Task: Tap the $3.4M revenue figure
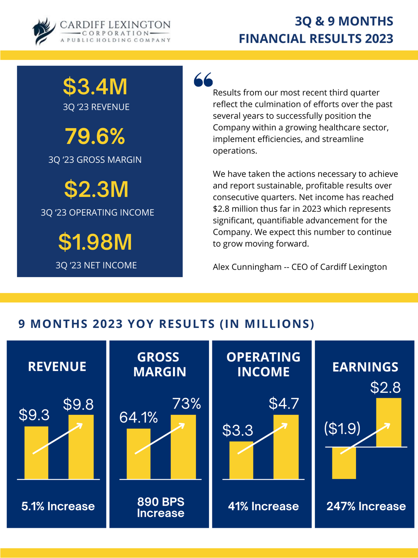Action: (95, 87)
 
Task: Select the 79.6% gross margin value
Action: (95, 136)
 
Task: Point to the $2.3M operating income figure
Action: (96, 189)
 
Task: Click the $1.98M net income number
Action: (95, 242)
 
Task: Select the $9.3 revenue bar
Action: (36, 453)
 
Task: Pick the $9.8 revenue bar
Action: (81, 447)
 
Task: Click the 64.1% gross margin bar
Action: (138, 454)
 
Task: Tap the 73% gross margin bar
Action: (183, 447)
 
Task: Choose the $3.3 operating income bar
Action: (241, 460)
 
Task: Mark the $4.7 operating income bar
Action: (286, 447)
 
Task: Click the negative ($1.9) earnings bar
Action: (344, 463)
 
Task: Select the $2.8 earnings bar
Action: (389, 422)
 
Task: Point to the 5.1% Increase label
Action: (58, 506)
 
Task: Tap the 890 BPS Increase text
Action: (160, 507)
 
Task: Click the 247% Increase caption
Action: (366, 506)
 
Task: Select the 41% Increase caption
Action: (263, 506)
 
